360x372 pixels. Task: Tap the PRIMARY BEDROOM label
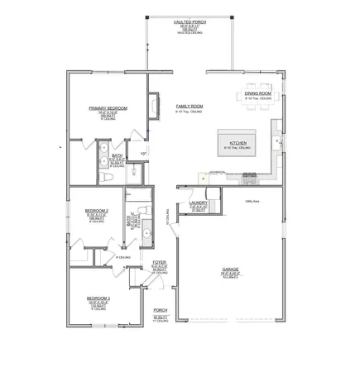click(107, 108)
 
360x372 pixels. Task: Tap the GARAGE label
click(231, 269)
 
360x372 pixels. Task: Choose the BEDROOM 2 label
click(97, 211)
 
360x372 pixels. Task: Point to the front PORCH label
click(160, 310)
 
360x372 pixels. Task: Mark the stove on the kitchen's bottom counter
click(250, 174)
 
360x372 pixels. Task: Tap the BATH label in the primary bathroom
click(117, 155)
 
